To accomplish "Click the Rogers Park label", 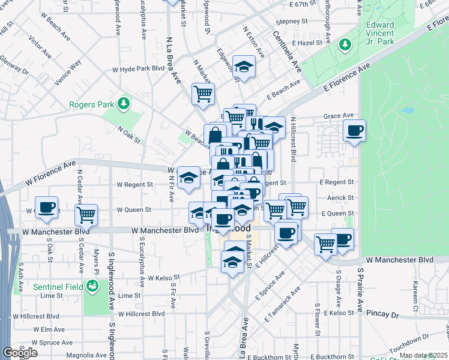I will point(91,104).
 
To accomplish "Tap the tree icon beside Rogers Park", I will point(123,104).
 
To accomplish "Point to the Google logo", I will point(20,352).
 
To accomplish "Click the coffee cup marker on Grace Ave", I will point(355,130).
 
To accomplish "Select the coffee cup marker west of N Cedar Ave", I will point(46,207).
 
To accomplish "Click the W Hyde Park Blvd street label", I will point(138,70).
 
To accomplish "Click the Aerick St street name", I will point(341,197).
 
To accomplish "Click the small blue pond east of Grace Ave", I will point(408,111).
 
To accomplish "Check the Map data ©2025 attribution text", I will point(423,355).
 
